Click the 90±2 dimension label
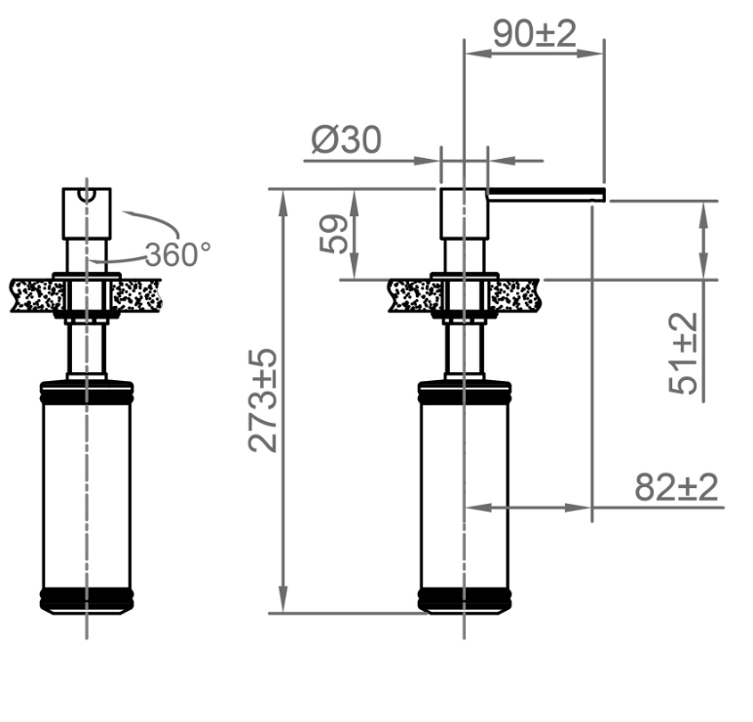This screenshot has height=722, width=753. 535,34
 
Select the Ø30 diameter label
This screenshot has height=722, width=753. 346,139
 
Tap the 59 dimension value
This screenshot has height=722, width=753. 333,234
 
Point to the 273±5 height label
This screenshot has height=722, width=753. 262,400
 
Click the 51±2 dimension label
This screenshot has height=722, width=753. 683,353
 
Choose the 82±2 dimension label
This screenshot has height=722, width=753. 676,487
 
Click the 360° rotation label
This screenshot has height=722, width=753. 177,254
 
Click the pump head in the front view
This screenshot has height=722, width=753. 87,213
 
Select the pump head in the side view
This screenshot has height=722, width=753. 465,213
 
